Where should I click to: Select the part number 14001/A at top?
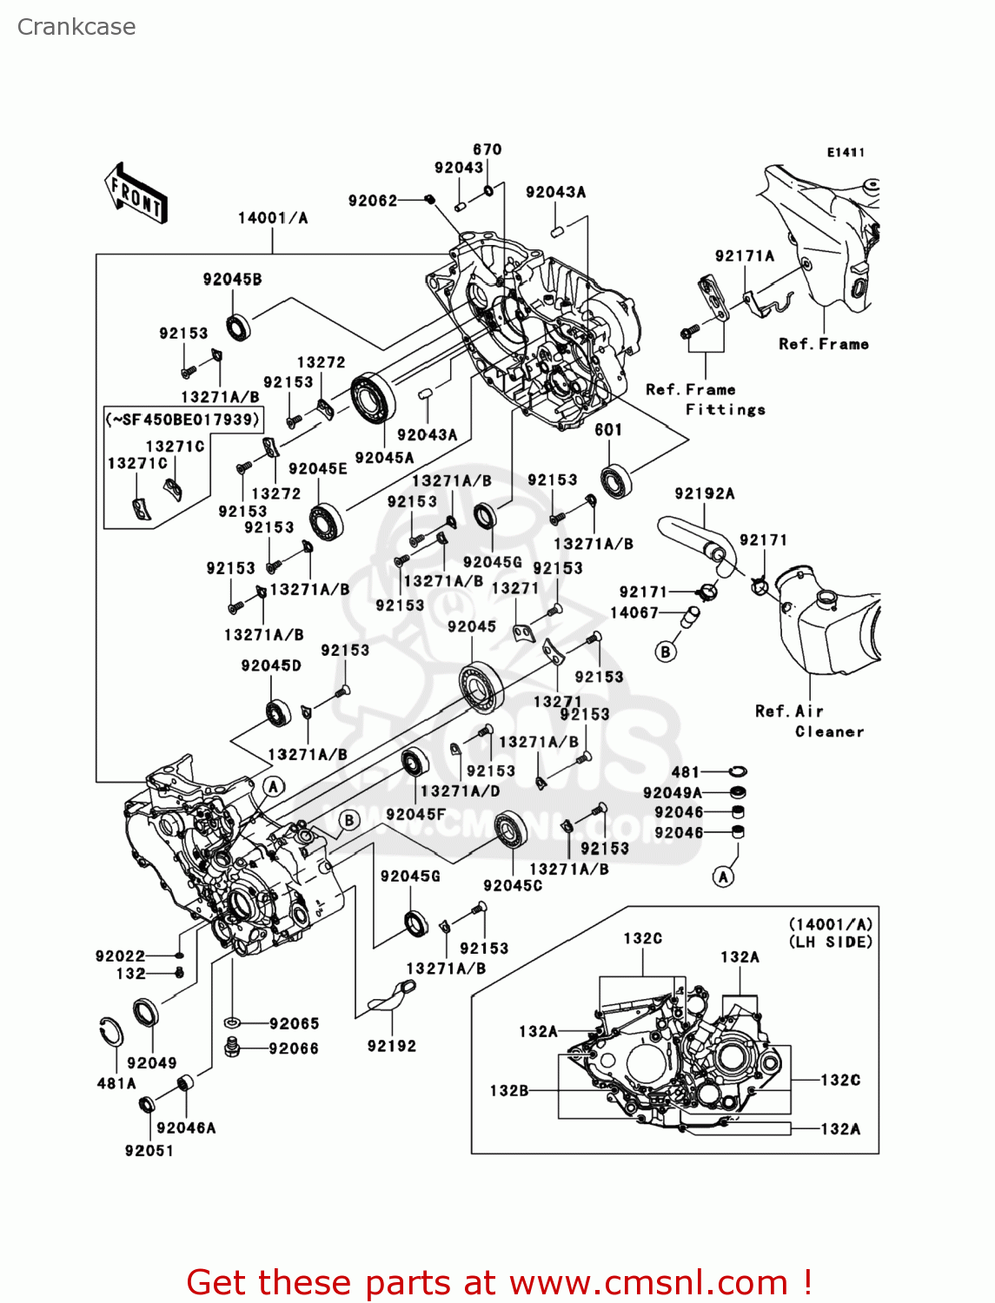[273, 218]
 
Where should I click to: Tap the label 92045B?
[232, 280]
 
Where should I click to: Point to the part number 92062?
[373, 201]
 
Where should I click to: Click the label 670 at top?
[488, 149]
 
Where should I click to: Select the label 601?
[608, 430]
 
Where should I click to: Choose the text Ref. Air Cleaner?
[808, 721]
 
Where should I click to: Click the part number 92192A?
[705, 493]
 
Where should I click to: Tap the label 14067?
[634, 612]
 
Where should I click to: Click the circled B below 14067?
[666, 651]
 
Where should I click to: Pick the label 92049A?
[672, 792]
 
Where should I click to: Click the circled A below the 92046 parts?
[723, 876]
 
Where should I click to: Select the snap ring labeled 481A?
[110, 1031]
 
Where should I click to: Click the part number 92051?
[149, 1150]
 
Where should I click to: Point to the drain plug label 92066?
[294, 1048]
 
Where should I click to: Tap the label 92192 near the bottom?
[392, 1046]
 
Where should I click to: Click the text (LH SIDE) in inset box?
[831, 942]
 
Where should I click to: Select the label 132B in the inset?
[509, 1090]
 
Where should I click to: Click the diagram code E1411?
[846, 152]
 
